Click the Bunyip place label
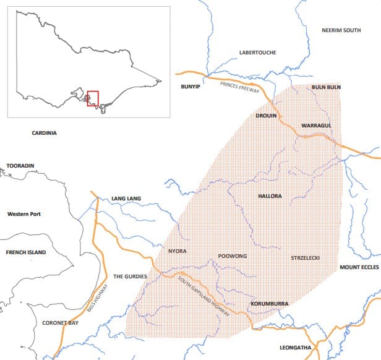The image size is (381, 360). [189, 88]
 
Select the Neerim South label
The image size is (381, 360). [341, 30]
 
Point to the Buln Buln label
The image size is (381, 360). [327, 88]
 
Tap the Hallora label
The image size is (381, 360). [269, 196]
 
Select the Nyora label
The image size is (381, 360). [177, 251]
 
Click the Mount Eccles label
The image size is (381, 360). [358, 267]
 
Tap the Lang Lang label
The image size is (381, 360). [126, 199]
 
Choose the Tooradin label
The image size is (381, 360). [20, 166]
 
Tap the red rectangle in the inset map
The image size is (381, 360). [93, 98]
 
